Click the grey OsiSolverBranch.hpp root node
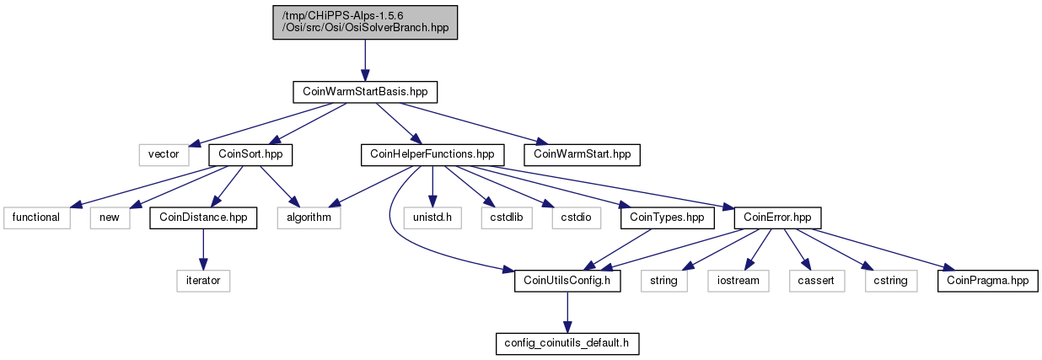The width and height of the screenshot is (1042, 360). click(365, 22)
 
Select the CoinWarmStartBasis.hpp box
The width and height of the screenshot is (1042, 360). click(365, 92)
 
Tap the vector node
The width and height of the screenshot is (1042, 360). click(164, 155)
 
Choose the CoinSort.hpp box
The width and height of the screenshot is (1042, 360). click(250, 155)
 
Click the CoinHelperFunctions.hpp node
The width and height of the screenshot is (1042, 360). click(432, 155)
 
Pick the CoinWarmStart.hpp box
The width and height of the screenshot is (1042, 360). click(582, 155)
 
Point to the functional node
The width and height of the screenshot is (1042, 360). click(37, 218)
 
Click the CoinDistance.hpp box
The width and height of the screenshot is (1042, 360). click(203, 218)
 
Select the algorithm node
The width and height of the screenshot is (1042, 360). click(309, 218)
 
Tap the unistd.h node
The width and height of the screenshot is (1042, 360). click(432, 218)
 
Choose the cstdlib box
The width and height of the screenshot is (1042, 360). click(507, 218)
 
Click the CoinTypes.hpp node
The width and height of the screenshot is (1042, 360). click(668, 218)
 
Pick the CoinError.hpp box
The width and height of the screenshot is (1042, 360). click(778, 218)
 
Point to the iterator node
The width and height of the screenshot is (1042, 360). click(203, 282)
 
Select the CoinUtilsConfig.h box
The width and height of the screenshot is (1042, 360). click(567, 282)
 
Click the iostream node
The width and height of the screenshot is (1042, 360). click(739, 282)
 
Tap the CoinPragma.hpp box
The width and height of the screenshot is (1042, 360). click(988, 282)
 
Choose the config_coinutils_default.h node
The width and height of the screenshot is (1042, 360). click(567, 344)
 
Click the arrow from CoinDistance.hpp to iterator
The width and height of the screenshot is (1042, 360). click(203, 250)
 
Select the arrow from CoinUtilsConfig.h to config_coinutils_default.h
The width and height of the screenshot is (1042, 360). click(567, 313)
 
